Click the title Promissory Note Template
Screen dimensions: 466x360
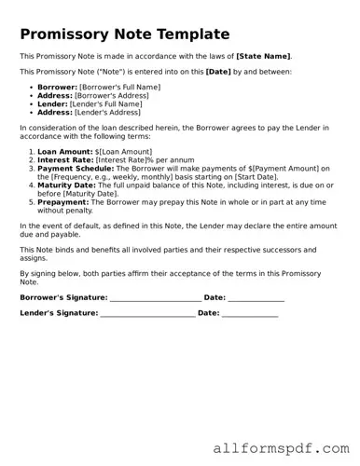124,34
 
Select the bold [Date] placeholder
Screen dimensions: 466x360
218,71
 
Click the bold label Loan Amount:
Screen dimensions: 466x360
65,150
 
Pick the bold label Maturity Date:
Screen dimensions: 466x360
70,185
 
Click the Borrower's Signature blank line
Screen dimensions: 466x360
156,298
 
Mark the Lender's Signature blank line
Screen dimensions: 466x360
147,314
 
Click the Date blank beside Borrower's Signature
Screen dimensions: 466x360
256,298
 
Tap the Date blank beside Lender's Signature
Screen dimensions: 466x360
250,314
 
